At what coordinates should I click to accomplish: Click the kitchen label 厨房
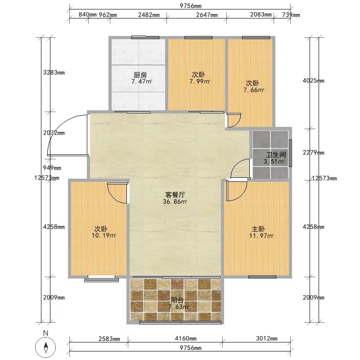pos(140,75)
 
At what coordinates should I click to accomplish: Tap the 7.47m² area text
pos(142,81)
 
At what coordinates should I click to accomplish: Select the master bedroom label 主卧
pos(258,229)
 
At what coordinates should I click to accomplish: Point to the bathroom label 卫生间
pos(276,154)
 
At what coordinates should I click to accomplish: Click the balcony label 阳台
pos(177,300)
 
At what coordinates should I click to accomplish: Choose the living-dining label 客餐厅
pos(175,195)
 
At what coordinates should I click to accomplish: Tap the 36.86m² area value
pos(175,202)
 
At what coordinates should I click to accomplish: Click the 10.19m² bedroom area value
pos(104,235)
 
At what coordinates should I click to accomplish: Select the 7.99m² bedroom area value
pos(200,81)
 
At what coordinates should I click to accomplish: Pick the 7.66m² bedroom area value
pos(254,90)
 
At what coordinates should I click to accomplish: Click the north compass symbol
pos(46,346)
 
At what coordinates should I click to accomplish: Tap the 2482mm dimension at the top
pos(149,15)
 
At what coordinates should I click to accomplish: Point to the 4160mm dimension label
pos(185,338)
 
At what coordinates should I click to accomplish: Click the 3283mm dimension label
pos(54,72)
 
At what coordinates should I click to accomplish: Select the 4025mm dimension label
pos(313,81)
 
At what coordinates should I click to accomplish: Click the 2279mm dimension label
pos(313,153)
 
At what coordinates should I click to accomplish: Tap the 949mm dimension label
pos(52,168)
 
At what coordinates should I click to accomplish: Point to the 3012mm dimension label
pos(267,338)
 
